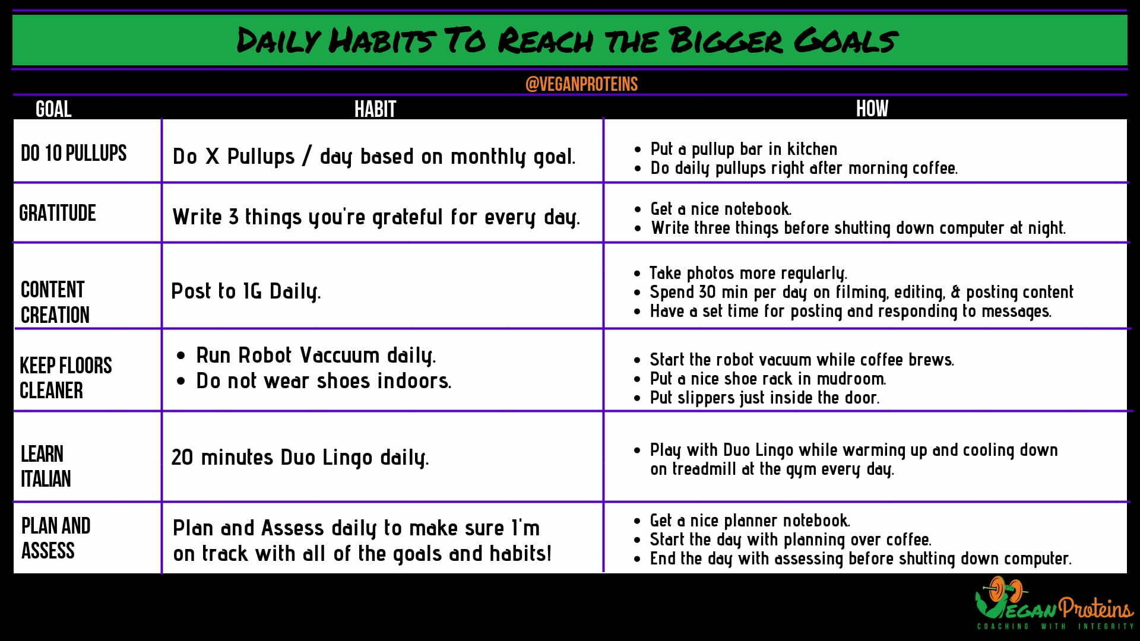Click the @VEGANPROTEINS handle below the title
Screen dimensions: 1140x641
click(581, 84)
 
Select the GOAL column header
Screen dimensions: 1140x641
click(53, 109)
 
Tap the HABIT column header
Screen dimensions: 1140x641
click(375, 109)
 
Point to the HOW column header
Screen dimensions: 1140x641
click(872, 109)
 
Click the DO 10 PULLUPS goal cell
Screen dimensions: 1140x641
click(74, 153)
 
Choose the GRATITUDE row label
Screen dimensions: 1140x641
click(58, 213)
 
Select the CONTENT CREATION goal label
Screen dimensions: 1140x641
click(55, 302)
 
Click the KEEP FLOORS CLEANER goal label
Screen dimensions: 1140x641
click(66, 378)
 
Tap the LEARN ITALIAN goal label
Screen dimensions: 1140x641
click(46, 466)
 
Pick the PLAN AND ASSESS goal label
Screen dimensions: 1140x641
click(56, 538)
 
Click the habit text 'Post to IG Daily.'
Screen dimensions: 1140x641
click(246, 291)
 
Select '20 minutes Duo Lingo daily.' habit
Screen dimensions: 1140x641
click(300, 458)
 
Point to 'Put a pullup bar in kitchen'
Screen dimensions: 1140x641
click(744, 149)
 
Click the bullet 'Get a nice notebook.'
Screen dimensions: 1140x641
click(721, 209)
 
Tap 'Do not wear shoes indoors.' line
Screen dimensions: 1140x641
click(324, 380)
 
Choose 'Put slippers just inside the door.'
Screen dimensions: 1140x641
click(765, 398)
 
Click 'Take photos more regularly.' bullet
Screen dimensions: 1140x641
click(748, 273)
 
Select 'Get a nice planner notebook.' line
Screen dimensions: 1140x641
click(750, 521)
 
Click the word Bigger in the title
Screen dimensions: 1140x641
click(725, 40)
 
